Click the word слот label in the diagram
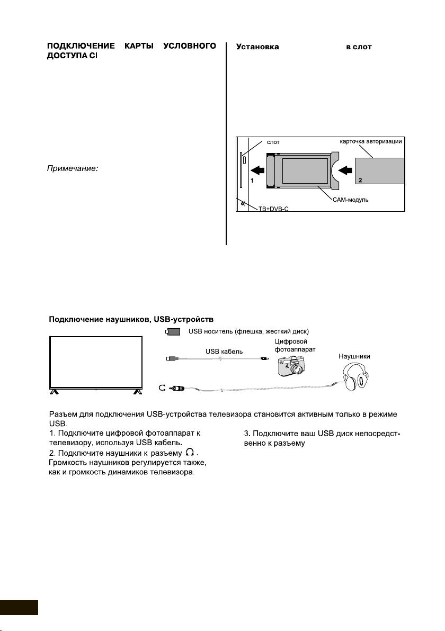tap(273, 142)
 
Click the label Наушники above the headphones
tap(354, 357)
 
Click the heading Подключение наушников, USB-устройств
tap(131, 319)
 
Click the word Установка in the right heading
tap(257, 47)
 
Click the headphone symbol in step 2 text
tap(189, 453)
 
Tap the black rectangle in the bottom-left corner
tap(19, 607)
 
